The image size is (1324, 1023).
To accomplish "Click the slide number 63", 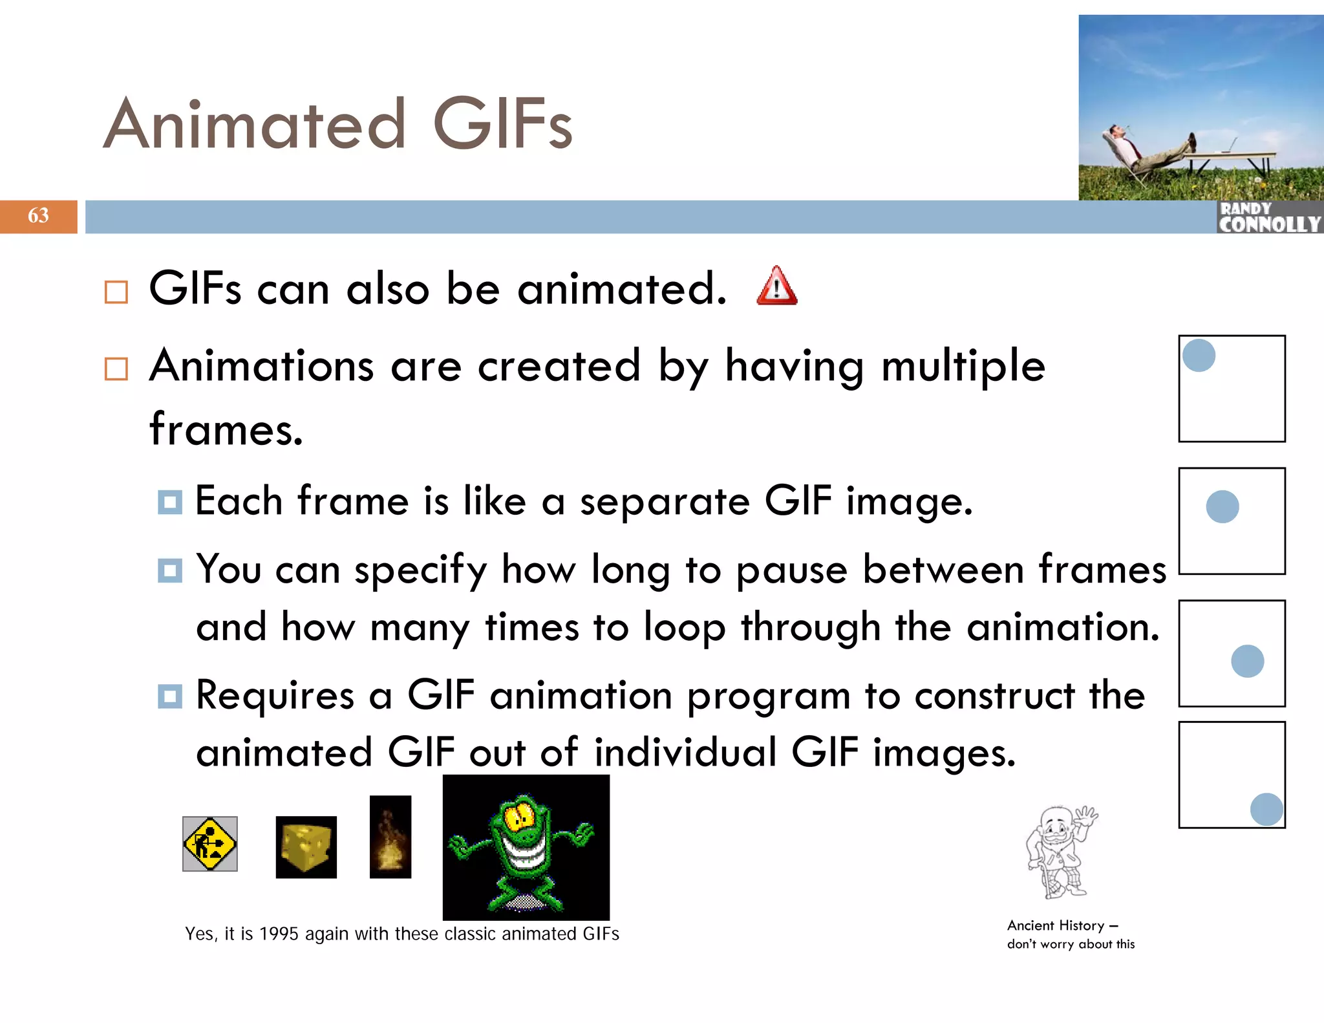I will pyautogui.click(x=38, y=215).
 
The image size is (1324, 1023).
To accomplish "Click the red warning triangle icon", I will pyautogui.click(x=776, y=287).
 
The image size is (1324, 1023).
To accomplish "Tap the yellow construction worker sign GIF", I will pyautogui.click(x=209, y=844).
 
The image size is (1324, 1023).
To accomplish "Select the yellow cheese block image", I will pyautogui.click(x=306, y=847).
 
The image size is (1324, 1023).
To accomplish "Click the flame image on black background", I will pyautogui.click(x=390, y=837).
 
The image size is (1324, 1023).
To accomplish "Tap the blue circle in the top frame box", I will pyautogui.click(x=1199, y=356).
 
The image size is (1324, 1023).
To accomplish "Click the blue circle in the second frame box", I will pyautogui.click(x=1223, y=506).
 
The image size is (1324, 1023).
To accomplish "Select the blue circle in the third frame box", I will pyautogui.click(x=1247, y=661).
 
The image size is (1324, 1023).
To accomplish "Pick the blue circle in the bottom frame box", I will pyautogui.click(x=1266, y=809).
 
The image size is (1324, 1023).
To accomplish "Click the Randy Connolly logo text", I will pyautogui.click(x=1269, y=218).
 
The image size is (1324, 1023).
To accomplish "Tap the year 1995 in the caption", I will pyautogui.click(x=278, y=934).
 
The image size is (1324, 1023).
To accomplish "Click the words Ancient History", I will pyautogui.click(x=1056, y=925).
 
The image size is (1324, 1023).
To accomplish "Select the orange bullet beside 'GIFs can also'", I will pyautogui.click(x=116, y=292).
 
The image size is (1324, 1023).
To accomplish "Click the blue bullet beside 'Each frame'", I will pyautogui.click(x=170, y=502).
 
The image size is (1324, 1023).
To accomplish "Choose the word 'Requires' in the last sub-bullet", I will pyautogui.click(x=275, y=696).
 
